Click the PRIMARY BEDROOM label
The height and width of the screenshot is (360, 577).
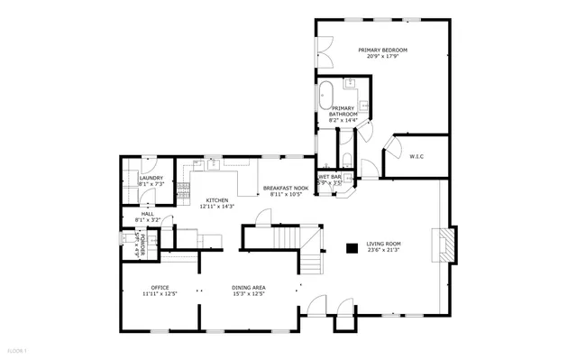pyautogui.click(x=382, y=50)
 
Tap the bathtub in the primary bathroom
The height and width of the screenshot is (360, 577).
pyautogui.click(x=326, y=96)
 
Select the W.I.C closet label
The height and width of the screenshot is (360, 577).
pyautogui.click(x=417, y=157)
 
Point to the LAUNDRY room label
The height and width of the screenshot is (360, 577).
pyautogui.click(x=151, y=178)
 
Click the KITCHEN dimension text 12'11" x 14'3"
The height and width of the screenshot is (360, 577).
pyautogui.click(x=216, y=206)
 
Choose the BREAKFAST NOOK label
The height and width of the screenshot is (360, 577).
pyautogui.click(x=286, y=188)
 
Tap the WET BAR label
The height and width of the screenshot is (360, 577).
pyautogui.click(x=329, y=177)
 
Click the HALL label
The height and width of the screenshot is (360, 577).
pyautogui.click(x=146, y=214)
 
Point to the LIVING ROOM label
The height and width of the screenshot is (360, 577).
pyautogui.click(x=383, y=243)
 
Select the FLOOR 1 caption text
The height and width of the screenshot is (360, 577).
pyautogui.click(x=19, y=350)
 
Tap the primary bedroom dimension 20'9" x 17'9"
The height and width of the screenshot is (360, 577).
pyautogui.click(x=382, y=57)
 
